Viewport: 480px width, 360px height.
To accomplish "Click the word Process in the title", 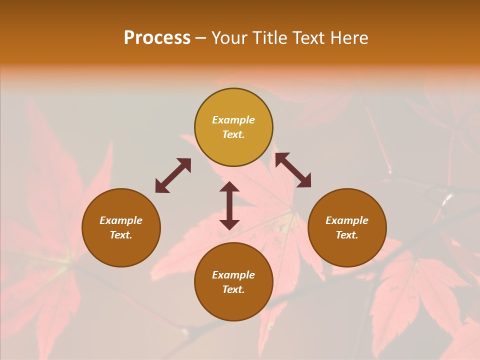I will pos(157,38).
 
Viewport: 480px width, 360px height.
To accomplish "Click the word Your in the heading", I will pos(230,38).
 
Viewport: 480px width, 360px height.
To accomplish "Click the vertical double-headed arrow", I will pos(229,205).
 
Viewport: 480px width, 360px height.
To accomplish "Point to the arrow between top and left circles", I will pos(173,175).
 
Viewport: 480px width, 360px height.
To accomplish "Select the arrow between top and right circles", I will pos(293,170).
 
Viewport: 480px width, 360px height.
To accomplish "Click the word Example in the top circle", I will pos(233,120).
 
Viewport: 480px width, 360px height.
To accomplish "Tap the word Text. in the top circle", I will pos(233,134).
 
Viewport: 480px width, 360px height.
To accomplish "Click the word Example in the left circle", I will pos(121,220).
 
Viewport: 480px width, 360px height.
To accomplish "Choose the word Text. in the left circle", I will pos(121,235).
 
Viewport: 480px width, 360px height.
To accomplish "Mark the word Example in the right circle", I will pos(347,220).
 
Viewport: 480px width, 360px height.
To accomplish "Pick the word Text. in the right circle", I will pos(347,235).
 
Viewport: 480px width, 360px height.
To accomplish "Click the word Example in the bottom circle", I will pos(233,275).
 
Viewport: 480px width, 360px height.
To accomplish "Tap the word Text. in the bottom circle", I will pos(233,289).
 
